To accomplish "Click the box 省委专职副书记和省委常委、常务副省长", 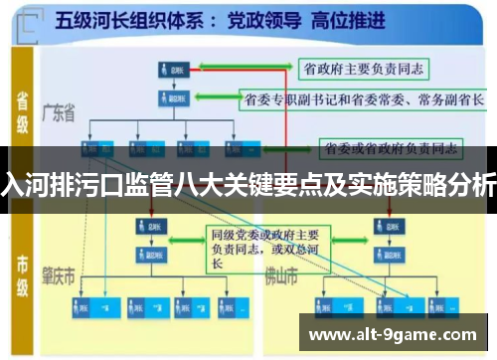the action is click(x=364, y=99).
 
